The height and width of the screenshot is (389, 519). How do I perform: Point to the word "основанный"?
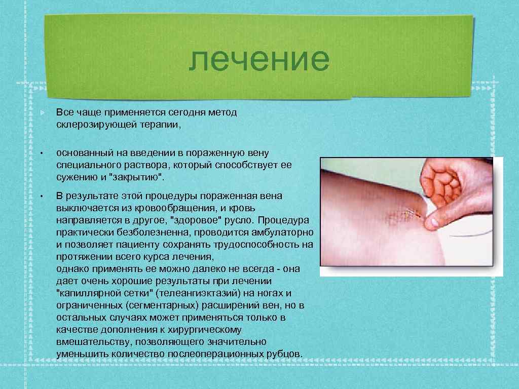[x=81, y=152]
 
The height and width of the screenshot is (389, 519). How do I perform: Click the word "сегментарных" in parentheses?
[x=162, y=306]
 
